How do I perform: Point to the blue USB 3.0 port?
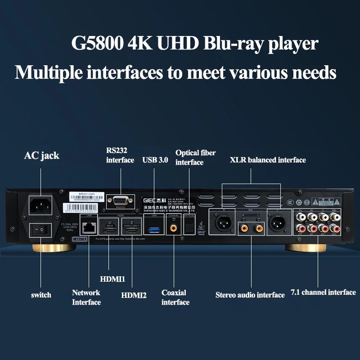tap(154, 228)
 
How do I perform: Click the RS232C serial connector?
tap(120, 199)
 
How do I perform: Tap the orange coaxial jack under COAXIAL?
tap(173, 228)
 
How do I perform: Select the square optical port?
tap(189, 228)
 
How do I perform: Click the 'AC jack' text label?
tap(41, 156)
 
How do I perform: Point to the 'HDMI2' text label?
tap(134, 295)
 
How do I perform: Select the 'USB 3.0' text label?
tap(155, 160)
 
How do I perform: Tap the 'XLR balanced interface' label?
tap(268, 160)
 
